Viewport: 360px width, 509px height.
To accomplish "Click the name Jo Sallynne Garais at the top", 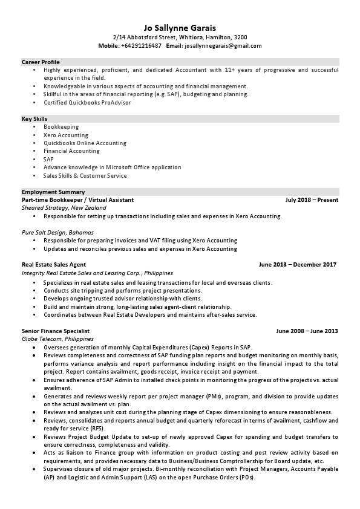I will coord(180,27).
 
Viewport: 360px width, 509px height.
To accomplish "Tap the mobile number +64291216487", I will coord(141,46).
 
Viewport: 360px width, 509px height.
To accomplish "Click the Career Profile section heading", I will coord(41,62).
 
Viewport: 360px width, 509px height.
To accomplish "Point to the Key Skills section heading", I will coord(34,119).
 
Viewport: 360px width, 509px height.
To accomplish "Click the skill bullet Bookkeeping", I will coord(61,127).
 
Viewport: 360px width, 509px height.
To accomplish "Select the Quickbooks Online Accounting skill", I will coord(85,143).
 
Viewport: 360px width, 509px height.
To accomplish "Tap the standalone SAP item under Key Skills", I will coord(48,160).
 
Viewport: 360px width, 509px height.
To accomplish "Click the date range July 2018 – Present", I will coord(312,199).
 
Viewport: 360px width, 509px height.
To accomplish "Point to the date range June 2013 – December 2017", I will coord(297,265).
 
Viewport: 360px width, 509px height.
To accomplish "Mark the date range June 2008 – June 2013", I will coord(307,332).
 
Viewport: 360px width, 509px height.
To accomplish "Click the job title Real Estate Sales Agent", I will coord(54,265).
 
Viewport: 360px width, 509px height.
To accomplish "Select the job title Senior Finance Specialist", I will coord(56,332).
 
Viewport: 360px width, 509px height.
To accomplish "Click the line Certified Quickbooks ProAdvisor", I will coord(87,103).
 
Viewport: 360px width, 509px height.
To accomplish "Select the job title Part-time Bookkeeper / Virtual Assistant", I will coord(77,199).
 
